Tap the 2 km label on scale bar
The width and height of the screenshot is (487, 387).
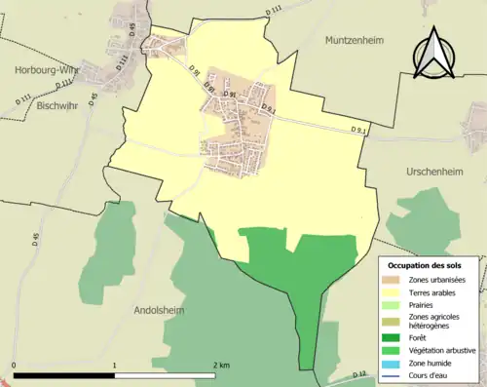[x=222, y=365]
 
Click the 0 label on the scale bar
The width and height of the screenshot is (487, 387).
[x=14, y=365]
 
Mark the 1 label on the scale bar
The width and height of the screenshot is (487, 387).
[x=115, y=365]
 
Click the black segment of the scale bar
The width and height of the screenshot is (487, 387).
[x=64, y=375]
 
